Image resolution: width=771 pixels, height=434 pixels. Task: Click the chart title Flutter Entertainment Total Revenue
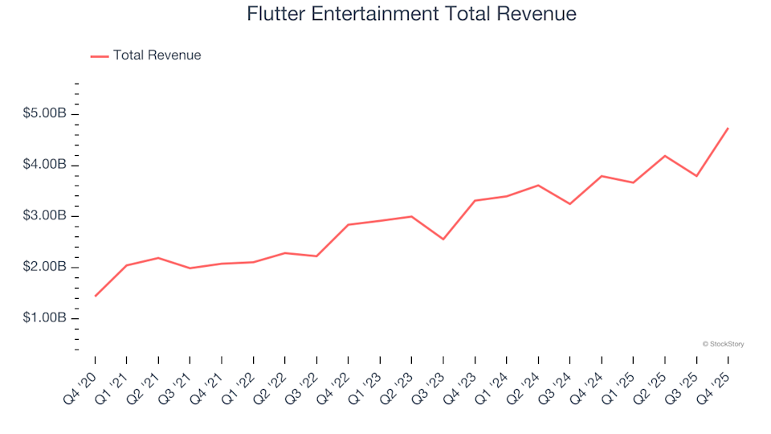[411, 14]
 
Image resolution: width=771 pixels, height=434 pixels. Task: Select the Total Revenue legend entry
[157, 55]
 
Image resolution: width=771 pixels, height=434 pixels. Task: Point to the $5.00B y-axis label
[46, 114]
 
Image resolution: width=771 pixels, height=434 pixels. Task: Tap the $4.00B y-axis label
[46, 165]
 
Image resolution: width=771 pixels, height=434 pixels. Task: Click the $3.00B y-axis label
[46, 216]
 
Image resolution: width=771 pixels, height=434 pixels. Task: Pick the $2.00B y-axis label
[46, 267]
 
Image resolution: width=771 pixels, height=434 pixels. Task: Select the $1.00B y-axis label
[46, 318]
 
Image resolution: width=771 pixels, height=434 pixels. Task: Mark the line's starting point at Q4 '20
[96, 296]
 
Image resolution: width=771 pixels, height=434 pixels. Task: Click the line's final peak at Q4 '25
[728, 128]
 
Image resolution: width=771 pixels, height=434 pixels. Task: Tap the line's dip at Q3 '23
[443, 239]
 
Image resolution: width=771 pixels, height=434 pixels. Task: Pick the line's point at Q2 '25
[665, 156]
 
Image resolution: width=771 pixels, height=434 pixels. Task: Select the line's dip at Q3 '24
[570, 204]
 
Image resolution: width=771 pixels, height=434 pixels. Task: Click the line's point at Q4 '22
[349, 224]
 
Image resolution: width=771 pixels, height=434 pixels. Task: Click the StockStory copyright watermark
[723, 344]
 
